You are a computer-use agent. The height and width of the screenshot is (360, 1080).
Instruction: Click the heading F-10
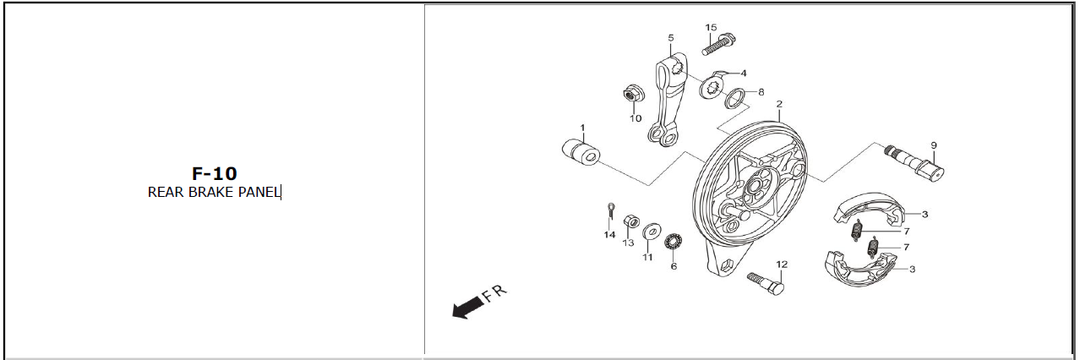pos(215,173)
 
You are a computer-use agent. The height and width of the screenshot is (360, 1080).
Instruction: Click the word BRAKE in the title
pos(210,193)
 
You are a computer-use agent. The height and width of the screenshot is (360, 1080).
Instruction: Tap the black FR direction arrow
pos(467,308)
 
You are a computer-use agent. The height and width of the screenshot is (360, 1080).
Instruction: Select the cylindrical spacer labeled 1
pos(581,150)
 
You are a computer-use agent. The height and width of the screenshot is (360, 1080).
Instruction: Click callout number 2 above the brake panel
pos(779,104)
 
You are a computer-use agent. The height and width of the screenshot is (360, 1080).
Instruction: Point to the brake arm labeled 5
pos(668,101)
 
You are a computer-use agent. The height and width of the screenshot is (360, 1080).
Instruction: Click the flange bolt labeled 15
pos(718,44)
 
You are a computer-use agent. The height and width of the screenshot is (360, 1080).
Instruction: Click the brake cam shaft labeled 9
pos(914,163)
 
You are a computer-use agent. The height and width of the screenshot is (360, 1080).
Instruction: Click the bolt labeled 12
pos(766,283)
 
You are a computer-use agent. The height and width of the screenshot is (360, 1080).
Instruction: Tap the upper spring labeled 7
pos(857,231)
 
